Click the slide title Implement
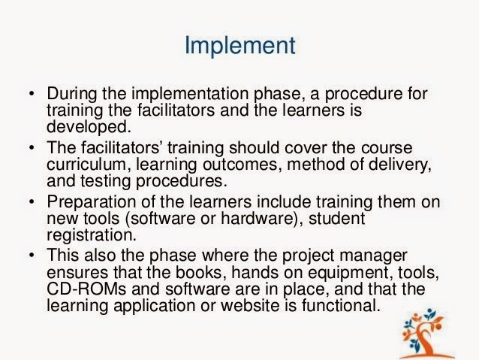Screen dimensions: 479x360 (240, 46)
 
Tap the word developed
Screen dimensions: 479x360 (89, 126)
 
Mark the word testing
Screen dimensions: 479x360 (105, 181)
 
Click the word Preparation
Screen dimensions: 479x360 (92, 202)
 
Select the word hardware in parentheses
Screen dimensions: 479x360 (256, 219)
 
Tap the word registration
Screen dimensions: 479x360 (92, 235)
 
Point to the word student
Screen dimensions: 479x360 (336, 219)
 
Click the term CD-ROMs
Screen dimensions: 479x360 (86, 289)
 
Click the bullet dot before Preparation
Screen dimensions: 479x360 (32, 202)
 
